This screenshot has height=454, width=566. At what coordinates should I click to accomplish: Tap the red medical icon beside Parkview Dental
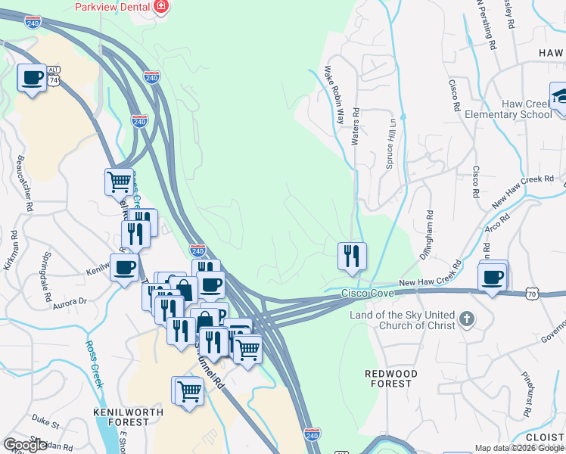tap(160, 7)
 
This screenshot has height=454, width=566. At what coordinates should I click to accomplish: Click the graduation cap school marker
tap(560, 97)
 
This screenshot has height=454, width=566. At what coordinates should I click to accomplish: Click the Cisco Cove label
tap(367, 293)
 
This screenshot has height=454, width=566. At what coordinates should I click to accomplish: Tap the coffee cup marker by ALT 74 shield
tap(32, 78)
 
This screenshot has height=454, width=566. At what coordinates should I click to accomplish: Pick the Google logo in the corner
tap(25, 445)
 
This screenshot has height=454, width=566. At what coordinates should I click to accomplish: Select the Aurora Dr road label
tap(70, 303)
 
